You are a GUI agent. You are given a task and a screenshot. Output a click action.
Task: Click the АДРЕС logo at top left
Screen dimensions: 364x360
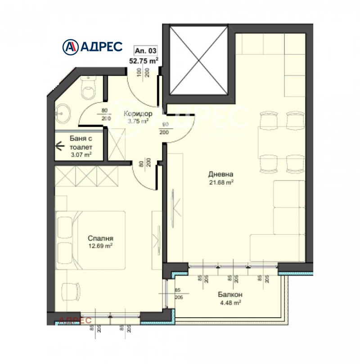tap(92, 46)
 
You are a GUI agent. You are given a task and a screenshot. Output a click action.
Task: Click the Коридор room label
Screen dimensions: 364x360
tap(137, 113)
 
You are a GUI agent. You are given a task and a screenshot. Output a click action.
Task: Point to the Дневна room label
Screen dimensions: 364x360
tap(220, 175)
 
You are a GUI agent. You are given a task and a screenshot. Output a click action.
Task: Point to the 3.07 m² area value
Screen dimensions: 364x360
tap(81, 154)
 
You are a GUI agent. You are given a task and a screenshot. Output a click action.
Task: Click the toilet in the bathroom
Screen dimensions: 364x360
tap(88, 89)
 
